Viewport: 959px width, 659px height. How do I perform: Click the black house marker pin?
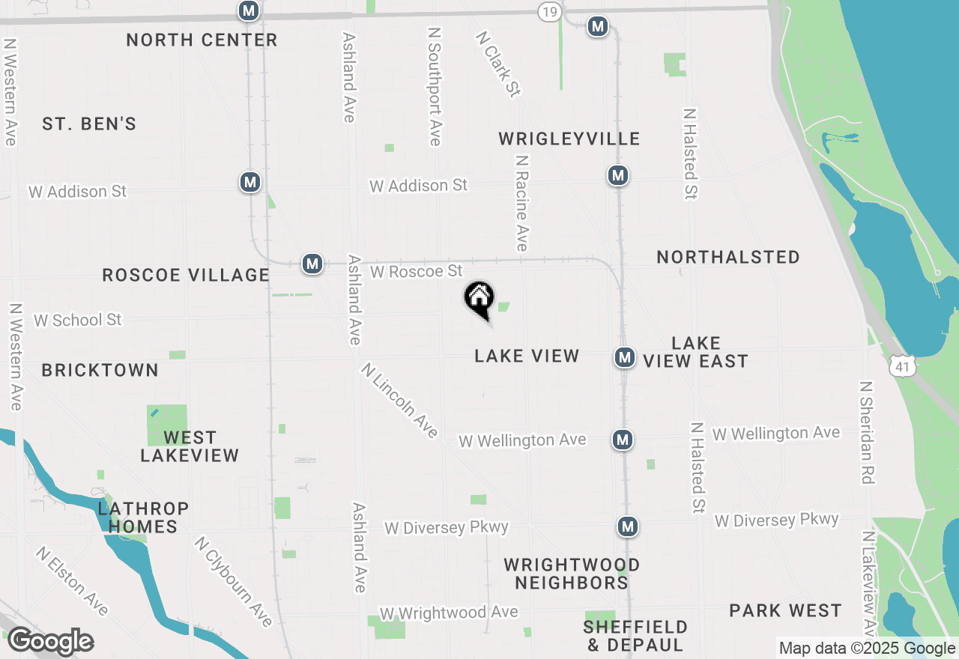(x=479, y=299)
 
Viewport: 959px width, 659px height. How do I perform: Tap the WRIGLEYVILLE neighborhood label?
(x=569, y=139)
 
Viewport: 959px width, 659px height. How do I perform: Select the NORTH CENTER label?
(x=202, y=40)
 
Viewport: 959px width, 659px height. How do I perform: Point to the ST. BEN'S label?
(x=89, y=124)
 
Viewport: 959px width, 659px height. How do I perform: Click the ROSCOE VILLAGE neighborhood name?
(x=186, y=275)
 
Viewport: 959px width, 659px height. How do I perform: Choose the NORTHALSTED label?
(x=728, y=257)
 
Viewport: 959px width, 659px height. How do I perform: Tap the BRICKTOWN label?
(x=100, y=370)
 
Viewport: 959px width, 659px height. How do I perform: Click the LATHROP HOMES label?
(x=143, y=517)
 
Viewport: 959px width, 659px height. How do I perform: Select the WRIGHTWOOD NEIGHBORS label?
(x=572, y=574)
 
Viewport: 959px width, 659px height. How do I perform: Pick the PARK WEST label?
(x=785, y=610)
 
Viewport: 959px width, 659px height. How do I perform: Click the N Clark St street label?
(x=497, y=64)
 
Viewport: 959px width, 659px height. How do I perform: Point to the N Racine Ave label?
(x=521, y=203)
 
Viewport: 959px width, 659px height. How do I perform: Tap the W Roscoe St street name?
(x=417, y=271)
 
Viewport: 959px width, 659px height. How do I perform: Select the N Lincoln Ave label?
(x=399, y=401)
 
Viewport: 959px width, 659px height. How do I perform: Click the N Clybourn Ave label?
(x=233, y=581)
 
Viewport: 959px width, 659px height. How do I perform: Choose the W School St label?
(x=77, y=320)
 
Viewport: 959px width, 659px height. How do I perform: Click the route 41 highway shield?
(x=900, y=366)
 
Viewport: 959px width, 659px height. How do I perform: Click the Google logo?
(x=50, y=642)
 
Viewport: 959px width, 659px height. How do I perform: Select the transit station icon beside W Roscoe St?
(x=312, y=264)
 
